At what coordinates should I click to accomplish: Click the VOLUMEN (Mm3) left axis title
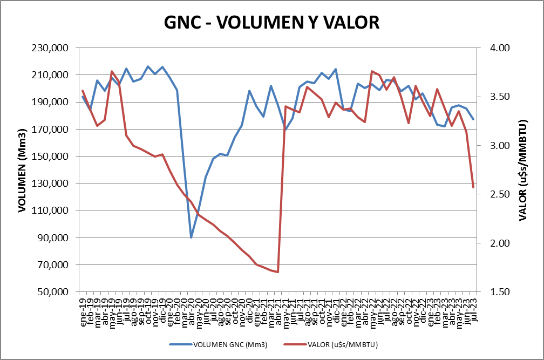23,171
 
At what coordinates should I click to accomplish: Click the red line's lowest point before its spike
277,272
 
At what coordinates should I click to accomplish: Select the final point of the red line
473,187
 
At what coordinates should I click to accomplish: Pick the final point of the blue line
473,119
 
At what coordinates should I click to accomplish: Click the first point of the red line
83,91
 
